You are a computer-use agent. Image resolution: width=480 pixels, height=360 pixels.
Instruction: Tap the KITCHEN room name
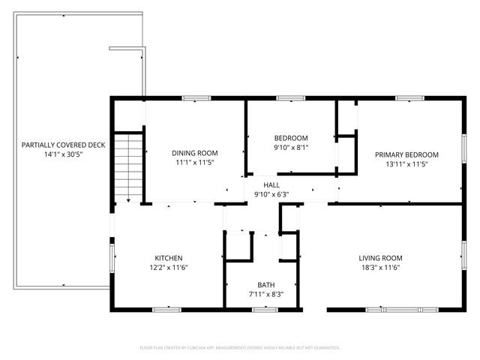coord(169,258)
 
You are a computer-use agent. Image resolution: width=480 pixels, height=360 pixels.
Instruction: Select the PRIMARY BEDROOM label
coord(406,154)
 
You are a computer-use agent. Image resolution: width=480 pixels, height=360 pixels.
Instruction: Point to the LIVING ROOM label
coord(381,258)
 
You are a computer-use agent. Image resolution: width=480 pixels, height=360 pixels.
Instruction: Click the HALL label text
coord(271,184)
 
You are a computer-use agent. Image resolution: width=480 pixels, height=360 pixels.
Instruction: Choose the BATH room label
coord(265,285)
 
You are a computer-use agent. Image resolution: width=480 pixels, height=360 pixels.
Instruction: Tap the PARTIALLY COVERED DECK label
coord(64,145)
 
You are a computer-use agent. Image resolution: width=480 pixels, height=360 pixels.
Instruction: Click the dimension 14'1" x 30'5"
coord(64,154)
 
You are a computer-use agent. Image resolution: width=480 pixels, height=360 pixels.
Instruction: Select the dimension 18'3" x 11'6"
coord(381,268)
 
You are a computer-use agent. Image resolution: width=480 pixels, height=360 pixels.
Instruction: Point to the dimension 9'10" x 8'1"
coord(291,148)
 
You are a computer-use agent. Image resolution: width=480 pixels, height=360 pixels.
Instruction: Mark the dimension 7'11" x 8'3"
coord(265,295)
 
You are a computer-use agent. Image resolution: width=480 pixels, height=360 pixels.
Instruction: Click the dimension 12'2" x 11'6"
coord(169,268)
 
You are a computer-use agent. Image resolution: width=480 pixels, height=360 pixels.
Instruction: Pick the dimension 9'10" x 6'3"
coord(271,194)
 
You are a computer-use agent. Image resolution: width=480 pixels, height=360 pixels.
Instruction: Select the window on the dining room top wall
coord(196,97)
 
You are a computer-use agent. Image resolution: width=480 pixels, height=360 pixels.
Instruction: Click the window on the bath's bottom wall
coord(265,309)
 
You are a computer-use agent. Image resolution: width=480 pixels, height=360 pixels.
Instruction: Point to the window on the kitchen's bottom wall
coord(166,309)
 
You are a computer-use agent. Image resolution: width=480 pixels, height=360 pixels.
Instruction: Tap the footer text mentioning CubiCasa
coord(240,347)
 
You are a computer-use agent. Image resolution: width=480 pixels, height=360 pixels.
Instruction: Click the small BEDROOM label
coord(291,138)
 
